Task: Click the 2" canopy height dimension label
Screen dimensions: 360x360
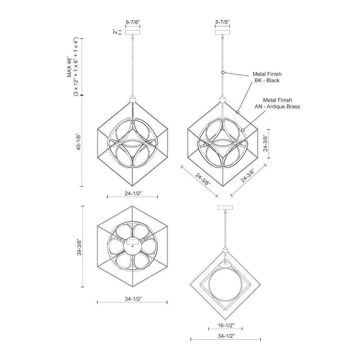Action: (114, 32)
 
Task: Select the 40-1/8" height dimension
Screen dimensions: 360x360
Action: (79, 141)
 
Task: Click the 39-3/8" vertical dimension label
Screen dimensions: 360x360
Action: (79, 247)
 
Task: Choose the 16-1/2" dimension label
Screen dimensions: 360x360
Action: (226, 325)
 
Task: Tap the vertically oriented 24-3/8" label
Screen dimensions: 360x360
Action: (265, 143)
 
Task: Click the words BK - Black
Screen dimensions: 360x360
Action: (267, 80)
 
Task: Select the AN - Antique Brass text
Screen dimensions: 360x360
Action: (277, 107)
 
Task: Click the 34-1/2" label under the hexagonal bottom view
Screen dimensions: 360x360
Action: (134, 299)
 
